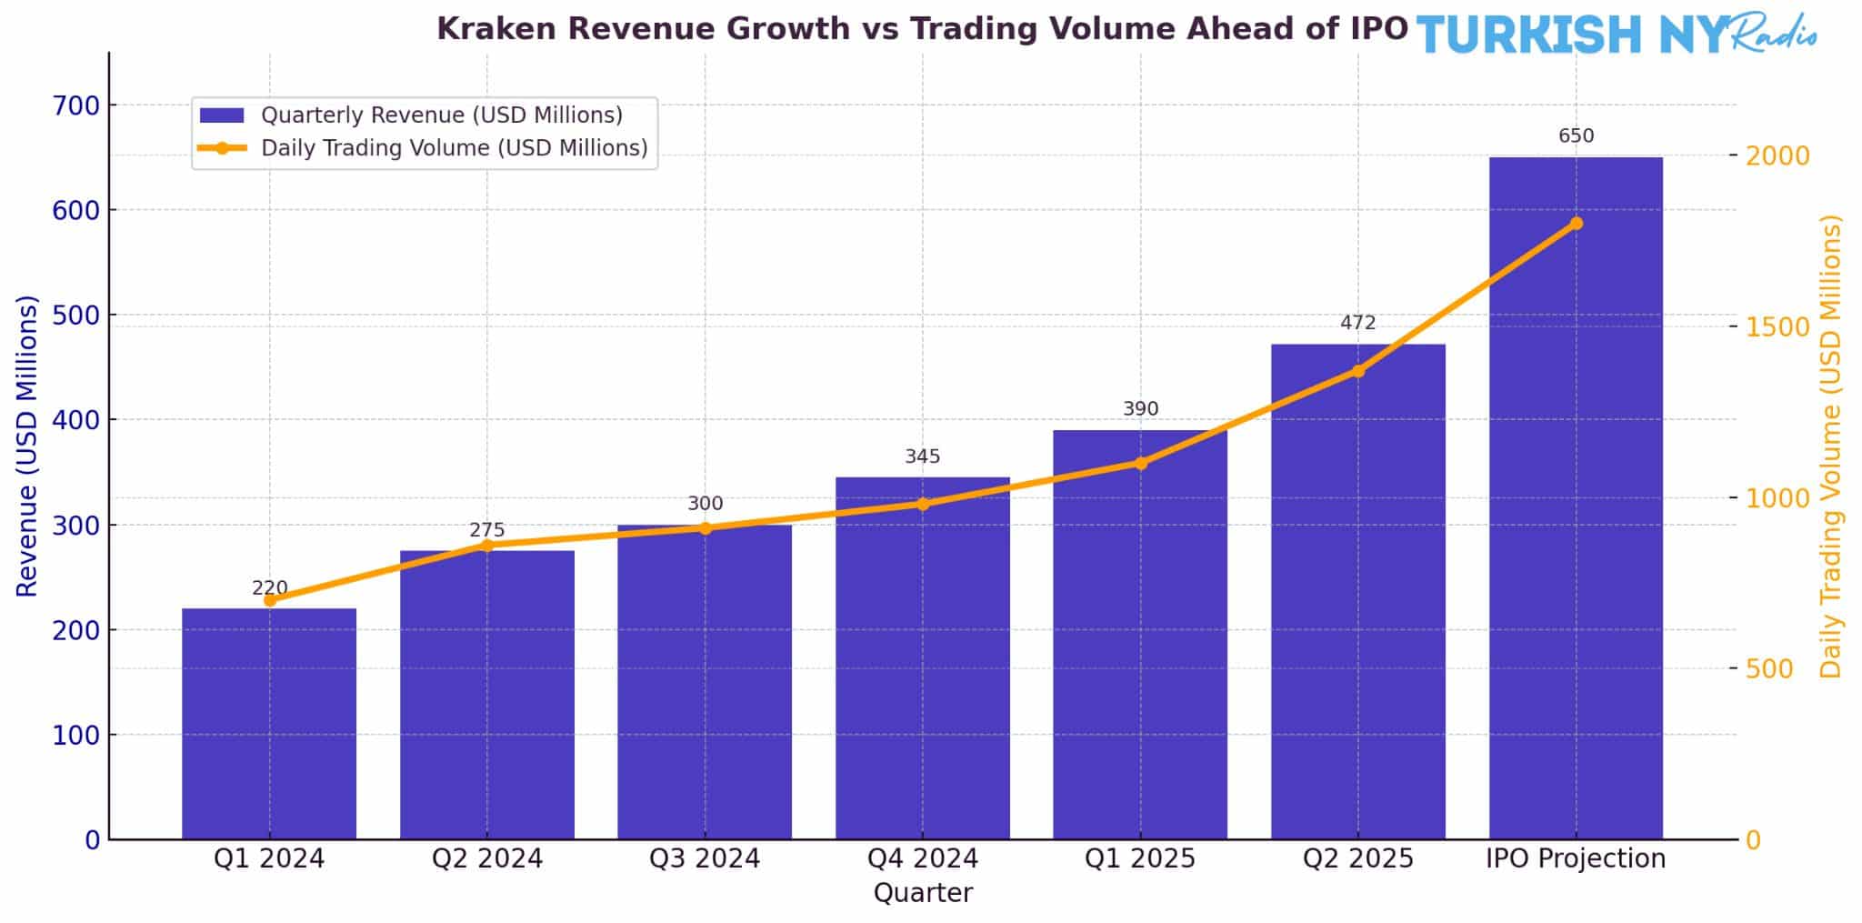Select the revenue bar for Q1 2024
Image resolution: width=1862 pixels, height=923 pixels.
pyautogui.click(x=269, y=723)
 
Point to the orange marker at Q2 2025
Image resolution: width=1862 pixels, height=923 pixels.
pyautogui.click(x=1357, y=371)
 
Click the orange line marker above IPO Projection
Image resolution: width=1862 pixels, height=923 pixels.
pyautogui.click(x=1576, y=224)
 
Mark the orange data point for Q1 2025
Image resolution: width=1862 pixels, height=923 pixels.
pyautogui.click(x=1140, y=463)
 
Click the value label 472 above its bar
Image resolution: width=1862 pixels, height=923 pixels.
pyautogui.click(x=1357, y=323)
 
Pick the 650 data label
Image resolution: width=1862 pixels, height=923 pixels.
pyautogui.click(x=1576, y=136)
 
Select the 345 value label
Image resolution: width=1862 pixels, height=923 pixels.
pyautogui.click(x=922, y=456)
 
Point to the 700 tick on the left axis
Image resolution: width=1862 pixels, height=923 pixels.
pyautogui.click(x=76, y=105)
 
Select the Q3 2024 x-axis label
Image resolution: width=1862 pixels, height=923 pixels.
pyautogui.click(x=705, y=858)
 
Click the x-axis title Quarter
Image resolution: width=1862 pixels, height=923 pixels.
pyautogui.click(x=922, y=893)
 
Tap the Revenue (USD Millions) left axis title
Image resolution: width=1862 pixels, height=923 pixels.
pyautogui.click(x=27, y=446)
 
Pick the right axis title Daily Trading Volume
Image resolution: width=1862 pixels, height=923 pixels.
pyautogui.click(x=1829, y=446)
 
